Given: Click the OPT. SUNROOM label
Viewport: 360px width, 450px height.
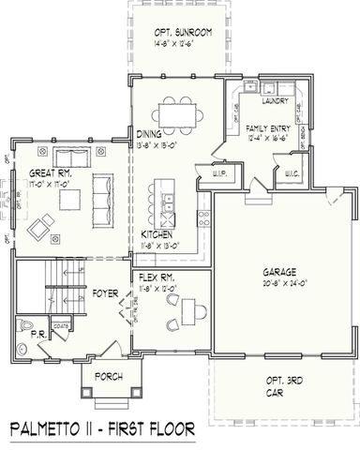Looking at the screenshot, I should [x=183, y=32].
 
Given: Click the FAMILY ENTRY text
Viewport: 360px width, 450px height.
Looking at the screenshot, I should [x=264, y=127].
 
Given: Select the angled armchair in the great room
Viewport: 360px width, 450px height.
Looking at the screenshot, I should [x=41, y=226].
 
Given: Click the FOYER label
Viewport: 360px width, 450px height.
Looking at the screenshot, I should [x=105, y=293].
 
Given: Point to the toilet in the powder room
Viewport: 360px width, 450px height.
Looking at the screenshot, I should [x=26, y=327].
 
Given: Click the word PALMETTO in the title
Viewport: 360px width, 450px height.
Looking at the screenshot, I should [x=56, y=429].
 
